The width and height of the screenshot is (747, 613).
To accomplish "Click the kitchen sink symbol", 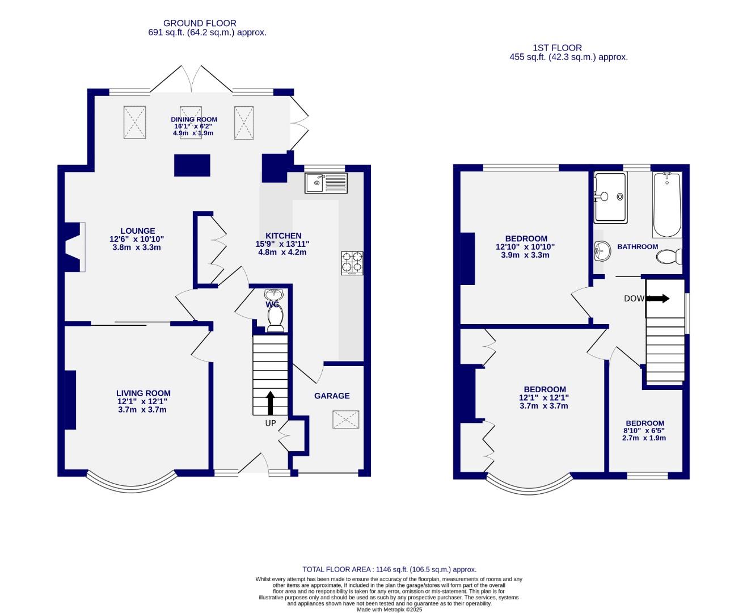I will tap(326, 183).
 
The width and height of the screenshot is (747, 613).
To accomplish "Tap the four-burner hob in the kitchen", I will tap(352, 263).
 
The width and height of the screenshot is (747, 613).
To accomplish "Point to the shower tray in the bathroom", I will tap(610, 198).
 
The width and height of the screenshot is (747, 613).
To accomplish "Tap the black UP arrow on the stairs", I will tap(270, 402).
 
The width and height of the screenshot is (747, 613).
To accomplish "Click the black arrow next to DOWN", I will tap(658, 299).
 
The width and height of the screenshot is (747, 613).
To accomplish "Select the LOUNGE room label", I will tap(138, 231).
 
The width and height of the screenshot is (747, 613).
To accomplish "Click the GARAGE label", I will tap(332, 396).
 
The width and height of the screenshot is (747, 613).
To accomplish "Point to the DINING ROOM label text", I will tap(194, 119).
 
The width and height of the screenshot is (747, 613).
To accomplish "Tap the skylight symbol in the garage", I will tap(346, 421).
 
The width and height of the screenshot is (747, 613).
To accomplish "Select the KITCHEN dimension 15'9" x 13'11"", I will tap(282, 244).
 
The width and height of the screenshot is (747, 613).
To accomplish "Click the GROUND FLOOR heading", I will tap(200, 23).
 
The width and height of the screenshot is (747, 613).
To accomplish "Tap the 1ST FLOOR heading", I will tap(556, 48).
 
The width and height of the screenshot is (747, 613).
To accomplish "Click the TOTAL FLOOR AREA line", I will tap(389, 569).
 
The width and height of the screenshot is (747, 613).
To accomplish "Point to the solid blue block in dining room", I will tap(192, 165).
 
